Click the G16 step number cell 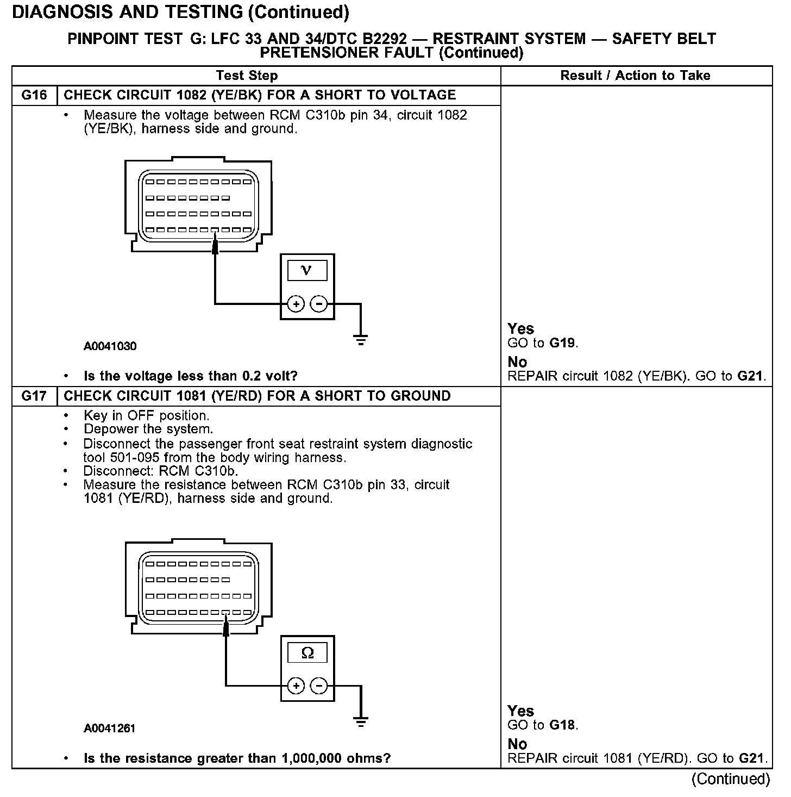(x=34, y=95)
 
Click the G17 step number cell (x=34, y=396)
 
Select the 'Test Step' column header (x=247, y=76)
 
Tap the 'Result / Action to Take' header (x=635, y=76)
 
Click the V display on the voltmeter (x=307, y=270)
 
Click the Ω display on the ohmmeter (x=307, y=652)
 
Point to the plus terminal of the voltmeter (x=296, y=304)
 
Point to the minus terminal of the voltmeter (x=319, y=304)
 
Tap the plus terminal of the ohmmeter (x=296, y=686)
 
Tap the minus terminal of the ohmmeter (x=319, y=686)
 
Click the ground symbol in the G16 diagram (x=360, y=341)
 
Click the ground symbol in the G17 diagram (x=360, y=722)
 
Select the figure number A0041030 (x=110, y=346)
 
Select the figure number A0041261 (x=110, y=728)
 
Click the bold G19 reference (x=562, y=343)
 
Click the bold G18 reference (x=562, y=725)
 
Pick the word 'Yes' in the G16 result (x=520, y=329)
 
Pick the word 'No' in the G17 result (x=517, y=744)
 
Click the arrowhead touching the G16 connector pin (x=215, y=246)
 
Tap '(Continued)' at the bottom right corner (x=730, y=779)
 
